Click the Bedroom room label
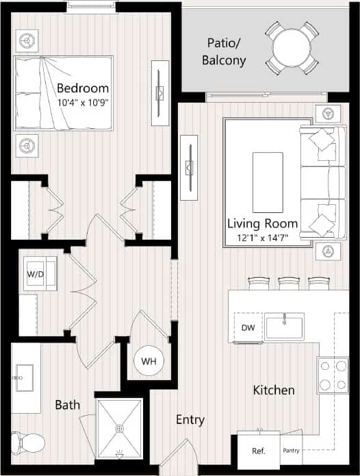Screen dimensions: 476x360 (x=83, y=88)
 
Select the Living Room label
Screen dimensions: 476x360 (x=263, y=223)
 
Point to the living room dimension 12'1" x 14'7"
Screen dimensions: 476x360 (x=263, y=238)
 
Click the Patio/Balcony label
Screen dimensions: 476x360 (x=224, y=52)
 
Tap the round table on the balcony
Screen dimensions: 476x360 (x=292, y=48)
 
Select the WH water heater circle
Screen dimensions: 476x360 (x=149, y=360)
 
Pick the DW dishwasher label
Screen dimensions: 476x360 (x=248, y=327)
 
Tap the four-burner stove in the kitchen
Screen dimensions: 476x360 (x=333, y=375)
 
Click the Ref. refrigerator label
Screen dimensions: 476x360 (x=259, y=451)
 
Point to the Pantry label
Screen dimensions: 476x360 (x=291, y=451)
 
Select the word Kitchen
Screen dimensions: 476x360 (x=274, y=390)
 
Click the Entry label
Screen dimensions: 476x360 (x=190, y=420)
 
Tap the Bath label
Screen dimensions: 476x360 (x=67, y=405)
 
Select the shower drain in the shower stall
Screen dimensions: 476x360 (x=119, y=429)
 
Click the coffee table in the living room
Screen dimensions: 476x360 (x=268, y=182)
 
